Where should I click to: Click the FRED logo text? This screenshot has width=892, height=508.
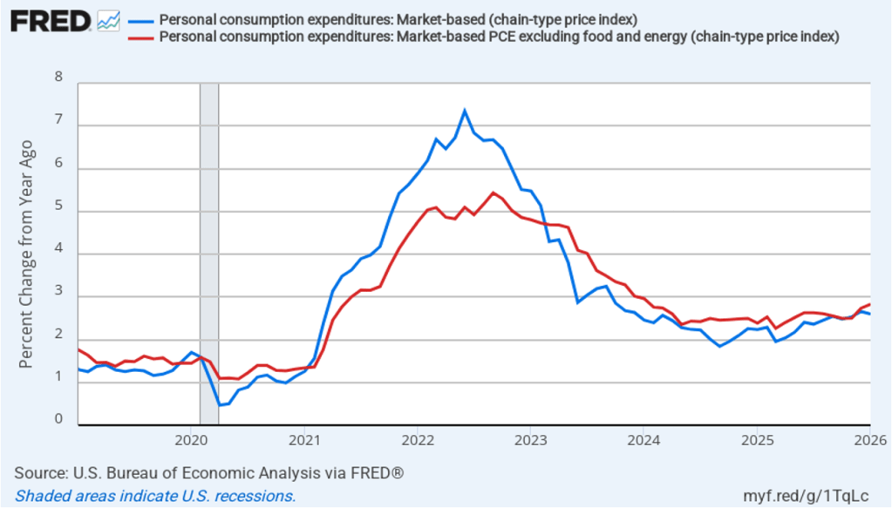(51, 21)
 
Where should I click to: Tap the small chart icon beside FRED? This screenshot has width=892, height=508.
(109, 21)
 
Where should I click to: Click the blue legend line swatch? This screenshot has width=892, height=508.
(138, 21)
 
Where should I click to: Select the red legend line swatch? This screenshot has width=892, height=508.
(138, 37)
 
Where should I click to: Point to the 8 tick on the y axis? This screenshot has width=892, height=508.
(58, 77)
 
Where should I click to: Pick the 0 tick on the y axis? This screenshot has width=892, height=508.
(58, 419)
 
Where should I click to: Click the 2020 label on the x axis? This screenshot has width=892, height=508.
(193, 438)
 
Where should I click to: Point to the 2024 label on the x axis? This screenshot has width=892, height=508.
(643, 438)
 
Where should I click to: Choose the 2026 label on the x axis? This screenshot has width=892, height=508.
(868, 438)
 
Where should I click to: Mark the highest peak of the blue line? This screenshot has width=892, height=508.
(465, 111)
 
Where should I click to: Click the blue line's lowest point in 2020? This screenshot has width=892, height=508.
(220, 405)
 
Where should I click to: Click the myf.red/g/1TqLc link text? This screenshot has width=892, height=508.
(815, 495)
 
